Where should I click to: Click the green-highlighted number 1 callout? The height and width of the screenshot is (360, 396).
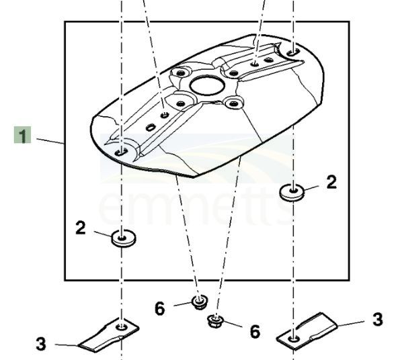coord(22,135)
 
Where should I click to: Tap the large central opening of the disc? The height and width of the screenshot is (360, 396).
coord(207,87)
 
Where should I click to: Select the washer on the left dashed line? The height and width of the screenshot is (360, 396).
coord(124,238)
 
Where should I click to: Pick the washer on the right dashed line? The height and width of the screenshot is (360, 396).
coord(292,192)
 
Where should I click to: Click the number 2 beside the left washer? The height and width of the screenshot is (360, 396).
coord(81,228)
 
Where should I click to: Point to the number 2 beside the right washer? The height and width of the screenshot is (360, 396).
coord(331,182)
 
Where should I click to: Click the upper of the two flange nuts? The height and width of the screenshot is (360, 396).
coord(200,302)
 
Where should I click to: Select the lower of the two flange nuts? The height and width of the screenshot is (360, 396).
coord(215,322)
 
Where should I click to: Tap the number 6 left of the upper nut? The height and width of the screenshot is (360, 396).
coord(160,308)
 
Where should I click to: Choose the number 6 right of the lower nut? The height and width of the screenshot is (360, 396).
coord(255,331)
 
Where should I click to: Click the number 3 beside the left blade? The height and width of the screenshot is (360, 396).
coord(41,344)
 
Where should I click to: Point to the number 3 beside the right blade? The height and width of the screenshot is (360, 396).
coord(378,319)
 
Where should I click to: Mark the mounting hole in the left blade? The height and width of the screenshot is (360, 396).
coord(122,327)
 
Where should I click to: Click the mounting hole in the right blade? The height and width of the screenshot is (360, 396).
coord(293,339)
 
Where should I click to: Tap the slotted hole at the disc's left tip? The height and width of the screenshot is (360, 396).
coord(122,152)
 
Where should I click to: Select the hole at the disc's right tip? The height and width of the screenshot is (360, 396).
coord(293,52)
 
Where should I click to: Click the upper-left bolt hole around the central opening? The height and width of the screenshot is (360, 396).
coord(180,73)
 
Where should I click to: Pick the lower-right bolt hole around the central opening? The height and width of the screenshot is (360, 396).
coord(233,103)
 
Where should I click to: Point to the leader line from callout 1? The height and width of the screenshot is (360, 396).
coord(50,141)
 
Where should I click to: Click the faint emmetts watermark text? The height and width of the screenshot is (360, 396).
coord(196,207)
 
